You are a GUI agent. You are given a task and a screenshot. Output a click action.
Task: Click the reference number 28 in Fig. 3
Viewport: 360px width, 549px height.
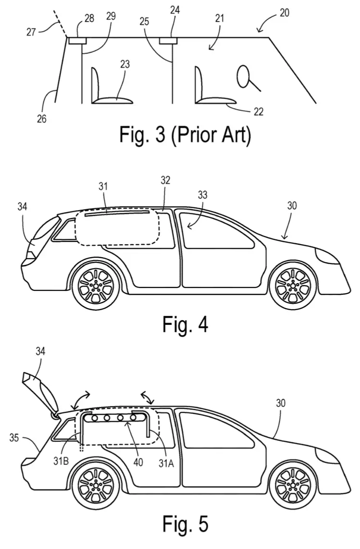coord(89,18)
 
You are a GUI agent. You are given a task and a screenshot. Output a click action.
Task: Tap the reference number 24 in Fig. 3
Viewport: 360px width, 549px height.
coord(175,10)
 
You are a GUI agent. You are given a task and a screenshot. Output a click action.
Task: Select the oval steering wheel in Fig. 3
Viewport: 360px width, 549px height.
coord(244,77)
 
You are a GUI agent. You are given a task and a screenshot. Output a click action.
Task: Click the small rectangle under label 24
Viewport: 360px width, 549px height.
coord(168,41)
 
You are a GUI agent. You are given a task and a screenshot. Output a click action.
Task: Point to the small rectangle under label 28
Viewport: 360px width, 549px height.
coord(77,41)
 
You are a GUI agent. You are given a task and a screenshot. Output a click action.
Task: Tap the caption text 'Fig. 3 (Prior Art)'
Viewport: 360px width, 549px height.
coord(185,135)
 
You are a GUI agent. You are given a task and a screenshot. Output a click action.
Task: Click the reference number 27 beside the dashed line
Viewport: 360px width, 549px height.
coord(31,32)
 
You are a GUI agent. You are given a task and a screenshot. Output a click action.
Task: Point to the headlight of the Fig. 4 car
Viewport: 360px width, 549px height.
coord(327,256)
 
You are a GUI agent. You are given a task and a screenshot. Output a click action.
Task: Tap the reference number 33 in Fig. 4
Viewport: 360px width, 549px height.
coord(202,195)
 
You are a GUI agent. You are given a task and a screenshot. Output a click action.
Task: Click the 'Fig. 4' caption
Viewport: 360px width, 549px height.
coord(185,324)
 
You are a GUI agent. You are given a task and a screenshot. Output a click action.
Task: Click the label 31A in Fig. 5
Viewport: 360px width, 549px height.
coord(166,463)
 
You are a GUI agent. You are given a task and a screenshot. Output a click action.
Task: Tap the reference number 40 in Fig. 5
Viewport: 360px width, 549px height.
coord(138,462)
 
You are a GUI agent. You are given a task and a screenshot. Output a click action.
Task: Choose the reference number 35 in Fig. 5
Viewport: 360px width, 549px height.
coord(14,437)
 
